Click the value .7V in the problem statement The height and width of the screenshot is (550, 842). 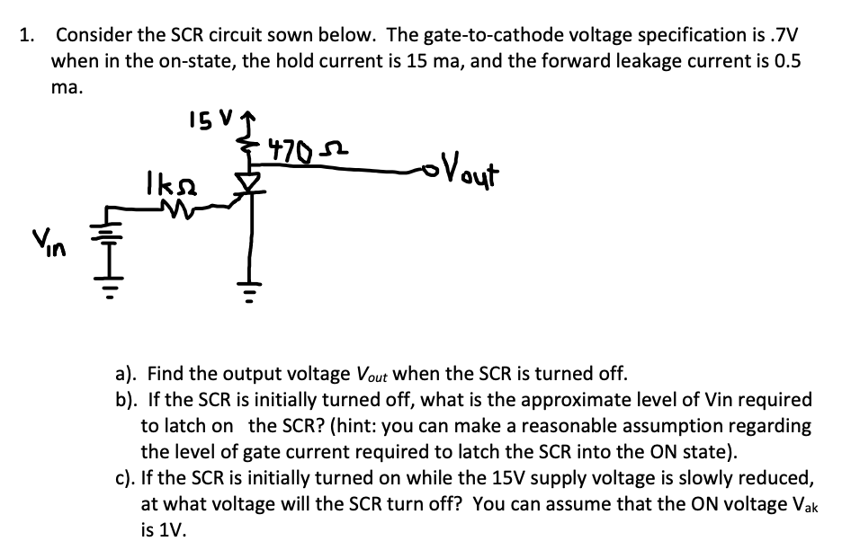coord(782,36)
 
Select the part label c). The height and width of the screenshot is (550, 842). coord(126,478)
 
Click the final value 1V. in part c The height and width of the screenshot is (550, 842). coord(160,530)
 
